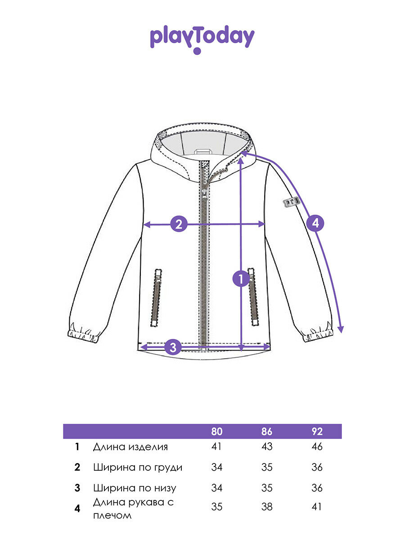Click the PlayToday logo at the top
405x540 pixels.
(x=202, y=39)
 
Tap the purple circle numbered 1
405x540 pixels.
(x=241, y=279)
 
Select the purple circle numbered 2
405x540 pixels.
(x=179, y=224)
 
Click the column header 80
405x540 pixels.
(x=217, y=432)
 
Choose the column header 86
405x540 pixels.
(x=267, y=432)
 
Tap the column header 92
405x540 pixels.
(x=317, y=432)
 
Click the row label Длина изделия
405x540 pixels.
(x=130, y=447)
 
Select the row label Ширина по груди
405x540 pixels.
(x=138, y=467)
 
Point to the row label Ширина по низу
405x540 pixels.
(x=135, y=488)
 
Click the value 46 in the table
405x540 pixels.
(x=317, y=447)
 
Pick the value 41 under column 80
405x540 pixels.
(x=217, y=447)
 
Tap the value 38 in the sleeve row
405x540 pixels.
(x=267, y=507)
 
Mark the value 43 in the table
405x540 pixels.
(x=267, y=447)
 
